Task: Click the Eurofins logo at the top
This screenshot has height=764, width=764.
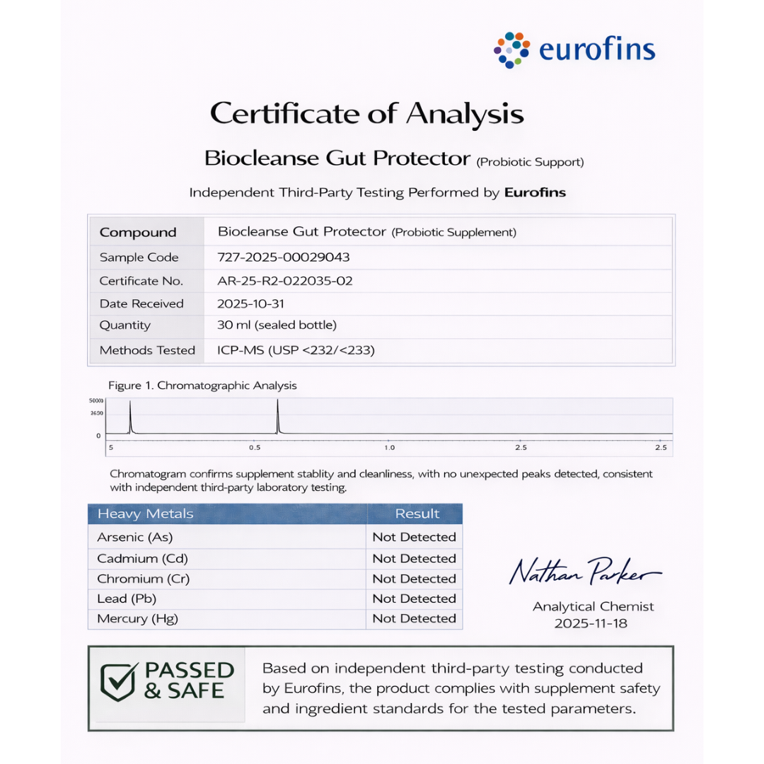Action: click(574, 50)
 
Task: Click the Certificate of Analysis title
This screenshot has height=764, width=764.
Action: click(367, 113)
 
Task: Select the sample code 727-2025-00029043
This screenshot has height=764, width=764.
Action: click(284, 257)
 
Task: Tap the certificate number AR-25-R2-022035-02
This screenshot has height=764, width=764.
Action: click(285, 281)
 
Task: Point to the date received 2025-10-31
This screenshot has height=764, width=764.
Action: click(253, 303)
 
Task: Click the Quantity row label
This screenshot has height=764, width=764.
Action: click(125, 325)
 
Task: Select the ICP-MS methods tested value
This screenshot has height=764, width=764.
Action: click(296, 349)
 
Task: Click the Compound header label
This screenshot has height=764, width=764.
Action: click(138, 233)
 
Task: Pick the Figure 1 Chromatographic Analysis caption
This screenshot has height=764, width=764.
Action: click(202, 386)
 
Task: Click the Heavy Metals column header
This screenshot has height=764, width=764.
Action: click(145, 514)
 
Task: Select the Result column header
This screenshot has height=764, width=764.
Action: click(417, 514)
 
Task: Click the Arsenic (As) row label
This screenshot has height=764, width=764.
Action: click(134, 537)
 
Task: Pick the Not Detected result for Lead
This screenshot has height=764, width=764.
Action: click(414, 598)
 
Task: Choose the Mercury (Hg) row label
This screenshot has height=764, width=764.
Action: click(137, 618)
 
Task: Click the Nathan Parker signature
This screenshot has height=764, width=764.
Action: click(584, 571)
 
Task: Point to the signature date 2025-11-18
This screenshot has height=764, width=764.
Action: click(591, 623)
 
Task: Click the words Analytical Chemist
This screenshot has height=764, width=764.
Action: click(593, 606)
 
